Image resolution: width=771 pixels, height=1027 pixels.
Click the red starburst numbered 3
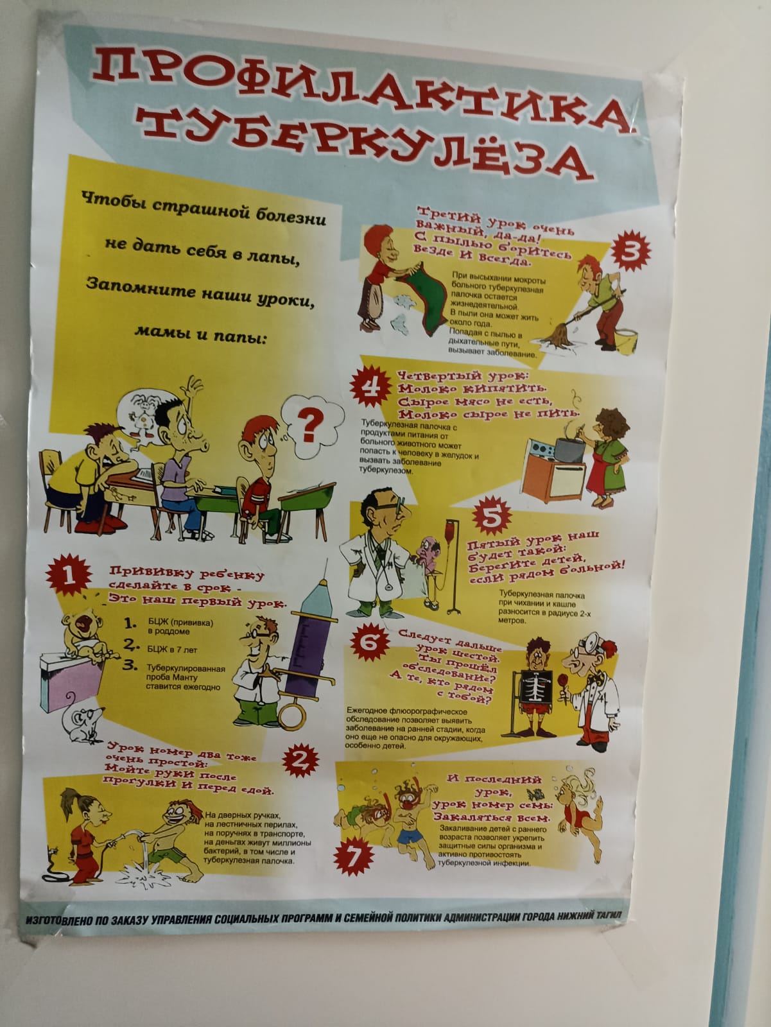[x=631, y=251]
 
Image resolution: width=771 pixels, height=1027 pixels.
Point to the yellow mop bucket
[x=625, y=340]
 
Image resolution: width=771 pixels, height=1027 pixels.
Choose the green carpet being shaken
[x=424, y=300]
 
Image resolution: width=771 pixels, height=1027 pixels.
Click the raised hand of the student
[x=193, y=388]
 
